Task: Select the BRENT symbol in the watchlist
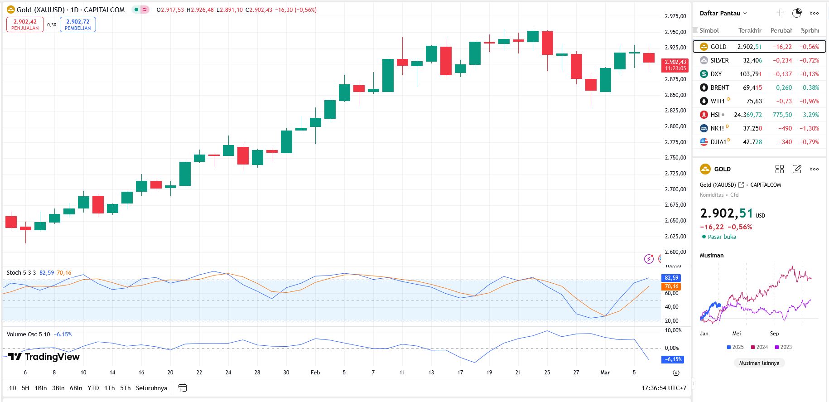pyautogui.click(x=719, y=87)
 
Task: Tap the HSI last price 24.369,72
pyautogui.click(x=747, y=115)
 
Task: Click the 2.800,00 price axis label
pyautogui.click(x=675, y=126)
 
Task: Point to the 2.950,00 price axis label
pyautogui.click(x=675, y=32)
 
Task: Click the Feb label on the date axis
pyautogui.click(x=315, y=373)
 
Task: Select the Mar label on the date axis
pyautogui.click(x=605, y=373)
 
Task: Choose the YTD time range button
pyautogui.click(x=93, y=388)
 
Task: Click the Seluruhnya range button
pyautogui.click(x=151, y=388)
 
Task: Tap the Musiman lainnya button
pyautogui.click(x=759, y=363)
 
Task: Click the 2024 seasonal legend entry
pyautogui.click(x=759, y=347)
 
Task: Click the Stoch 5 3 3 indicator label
pyautogui.click(x=21, y=273)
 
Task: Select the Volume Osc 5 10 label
pyautogui.click(x=28, y=334)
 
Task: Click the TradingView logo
pyautogui.click(x=44, y=357)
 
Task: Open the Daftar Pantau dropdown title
pyautogui.click(x=723, y=13)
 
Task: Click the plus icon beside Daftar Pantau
pyautogui.click(x=780, y=13)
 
